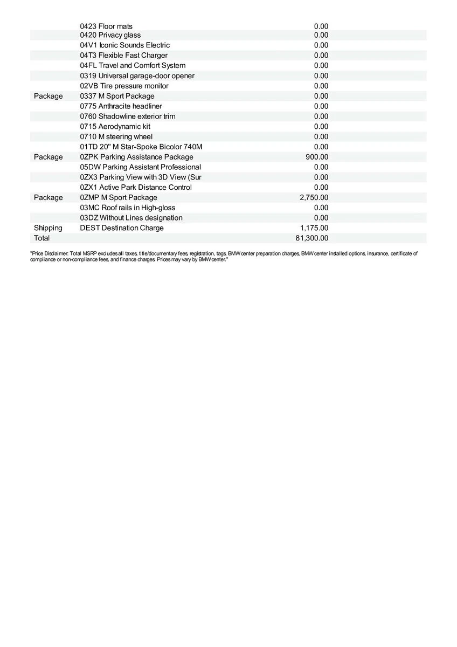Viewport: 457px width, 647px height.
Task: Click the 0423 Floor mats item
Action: [106, 26]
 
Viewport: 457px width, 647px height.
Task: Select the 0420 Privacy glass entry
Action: [110, 35]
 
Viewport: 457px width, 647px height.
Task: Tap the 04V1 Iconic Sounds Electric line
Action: [124, 45]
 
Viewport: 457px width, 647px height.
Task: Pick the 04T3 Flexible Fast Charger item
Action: [123, 56]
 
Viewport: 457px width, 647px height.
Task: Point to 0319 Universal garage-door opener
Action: [137, 76]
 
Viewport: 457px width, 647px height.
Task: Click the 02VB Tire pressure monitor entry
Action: [124, 86]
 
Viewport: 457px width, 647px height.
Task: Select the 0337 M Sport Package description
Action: [117, 96]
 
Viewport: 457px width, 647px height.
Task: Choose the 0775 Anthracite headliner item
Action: [121, 106]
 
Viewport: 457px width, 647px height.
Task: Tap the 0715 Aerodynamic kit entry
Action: [115, 127]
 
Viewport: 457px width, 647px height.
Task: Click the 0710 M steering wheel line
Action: [116, 137]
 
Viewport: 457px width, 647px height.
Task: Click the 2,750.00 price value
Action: [314, 197]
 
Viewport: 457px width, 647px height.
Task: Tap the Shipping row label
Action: [48, 228]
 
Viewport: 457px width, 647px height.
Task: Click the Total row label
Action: [41, 238]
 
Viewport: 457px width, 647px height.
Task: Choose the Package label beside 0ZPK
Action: [48, 157]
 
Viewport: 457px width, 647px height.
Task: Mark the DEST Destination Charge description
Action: [121, 228]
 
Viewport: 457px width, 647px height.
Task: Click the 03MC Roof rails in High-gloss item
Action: [127, 208]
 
